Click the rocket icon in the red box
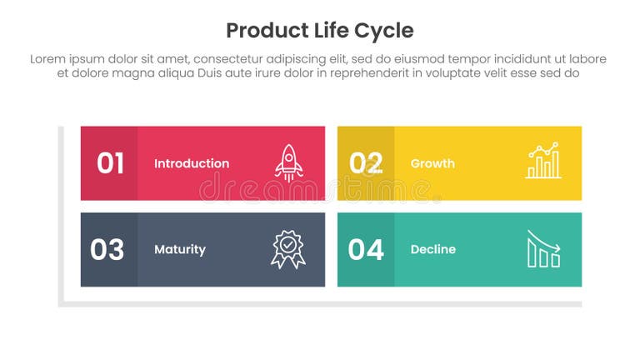[289, 162]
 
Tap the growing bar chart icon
[543, 161]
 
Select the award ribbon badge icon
[287, 249]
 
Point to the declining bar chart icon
[543, 249]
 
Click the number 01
[110, 163]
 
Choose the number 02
[366, 163]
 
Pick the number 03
[107, 249]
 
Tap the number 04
[366, 249]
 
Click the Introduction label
[192, 163]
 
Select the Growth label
[432, 163]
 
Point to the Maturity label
[180, 249]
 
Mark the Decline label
[433, 249]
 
